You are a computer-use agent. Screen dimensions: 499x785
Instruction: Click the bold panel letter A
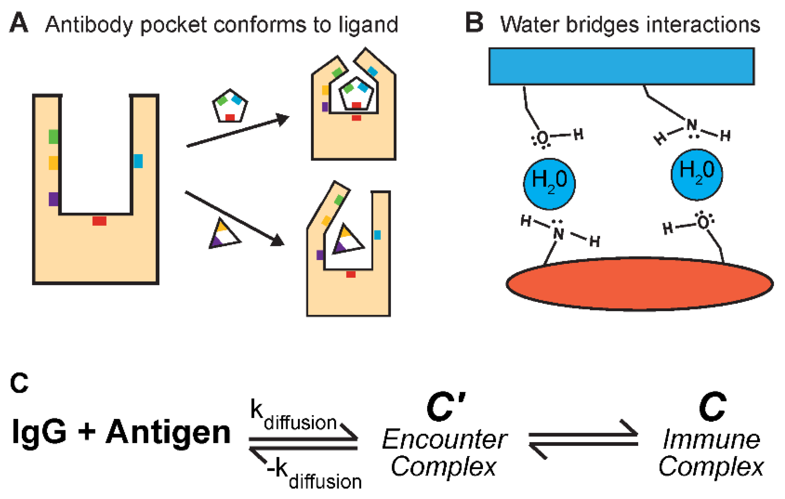(x=19, y=23)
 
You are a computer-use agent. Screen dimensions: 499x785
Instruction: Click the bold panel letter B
(x=474, y=23)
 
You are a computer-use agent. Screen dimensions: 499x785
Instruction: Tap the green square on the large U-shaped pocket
(x=53, y=136)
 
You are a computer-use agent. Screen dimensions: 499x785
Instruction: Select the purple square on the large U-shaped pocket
(x=53, y=199)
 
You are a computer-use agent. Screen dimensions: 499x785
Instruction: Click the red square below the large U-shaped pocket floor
(x=99, y=221)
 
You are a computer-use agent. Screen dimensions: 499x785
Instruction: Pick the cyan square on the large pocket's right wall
(x=138, y=161)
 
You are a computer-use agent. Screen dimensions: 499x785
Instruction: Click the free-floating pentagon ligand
(x=230, y=106)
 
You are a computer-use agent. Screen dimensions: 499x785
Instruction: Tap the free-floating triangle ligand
(x=224, y=236)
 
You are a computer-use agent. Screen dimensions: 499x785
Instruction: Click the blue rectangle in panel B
(x=621, y=66)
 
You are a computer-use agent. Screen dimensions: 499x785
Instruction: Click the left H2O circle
(x=549, y=184)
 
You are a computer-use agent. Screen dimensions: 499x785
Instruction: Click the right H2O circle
(x=696, y=175)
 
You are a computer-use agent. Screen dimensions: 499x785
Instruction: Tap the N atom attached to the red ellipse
(x=558, y=234)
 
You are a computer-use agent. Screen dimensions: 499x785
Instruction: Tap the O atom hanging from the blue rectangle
(x=543, y=138)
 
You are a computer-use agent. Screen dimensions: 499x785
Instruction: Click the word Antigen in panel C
(x=168, y=432)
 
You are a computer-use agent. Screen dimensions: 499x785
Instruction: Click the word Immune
(x=711, y=439)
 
